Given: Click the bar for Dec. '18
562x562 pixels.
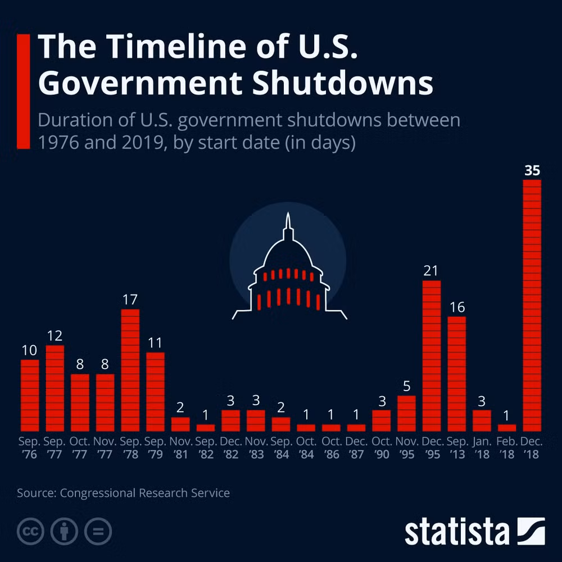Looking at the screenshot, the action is (532, 305).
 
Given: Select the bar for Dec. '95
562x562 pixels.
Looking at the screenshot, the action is (432, 356).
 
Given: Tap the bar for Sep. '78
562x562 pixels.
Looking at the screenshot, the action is (130, 370).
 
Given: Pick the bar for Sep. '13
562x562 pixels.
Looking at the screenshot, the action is (456, 374).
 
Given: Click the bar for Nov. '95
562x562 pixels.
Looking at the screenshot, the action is (406, 414).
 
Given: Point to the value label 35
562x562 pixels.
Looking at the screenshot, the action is (532, 170).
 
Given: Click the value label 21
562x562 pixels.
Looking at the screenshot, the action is (431, 271).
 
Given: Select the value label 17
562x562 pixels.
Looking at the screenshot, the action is (130, 300).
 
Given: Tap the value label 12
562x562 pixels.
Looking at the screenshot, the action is (55, 336).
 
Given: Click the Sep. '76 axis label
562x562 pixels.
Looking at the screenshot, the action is (29, 448).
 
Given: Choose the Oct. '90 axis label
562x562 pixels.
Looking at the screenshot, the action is (382, 448).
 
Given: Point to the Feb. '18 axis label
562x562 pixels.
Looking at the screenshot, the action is (507, 448).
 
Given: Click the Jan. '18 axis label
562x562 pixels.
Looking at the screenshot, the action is (482, 448).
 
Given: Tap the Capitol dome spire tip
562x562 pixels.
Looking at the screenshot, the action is (288, 213).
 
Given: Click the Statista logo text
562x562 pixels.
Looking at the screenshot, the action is (457, 532).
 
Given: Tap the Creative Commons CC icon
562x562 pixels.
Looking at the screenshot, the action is (30, 531).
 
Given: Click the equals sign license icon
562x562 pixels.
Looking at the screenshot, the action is (98, 531).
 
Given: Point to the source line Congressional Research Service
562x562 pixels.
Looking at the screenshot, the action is (145, 493).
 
